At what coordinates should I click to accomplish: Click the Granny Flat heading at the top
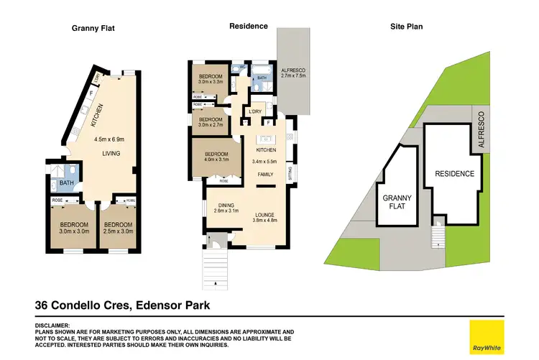[x=93, y=28]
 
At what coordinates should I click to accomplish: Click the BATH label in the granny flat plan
[x=68, y=183]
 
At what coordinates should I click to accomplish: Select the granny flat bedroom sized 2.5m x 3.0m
[x=116, y=228]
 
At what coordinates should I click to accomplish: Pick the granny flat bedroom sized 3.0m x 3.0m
[x=72, y=228]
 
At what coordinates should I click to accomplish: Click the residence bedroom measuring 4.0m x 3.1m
[x=216, y=157]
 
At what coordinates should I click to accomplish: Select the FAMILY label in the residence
[x=265, y=175]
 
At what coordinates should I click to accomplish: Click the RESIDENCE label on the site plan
[x=454, y=174]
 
